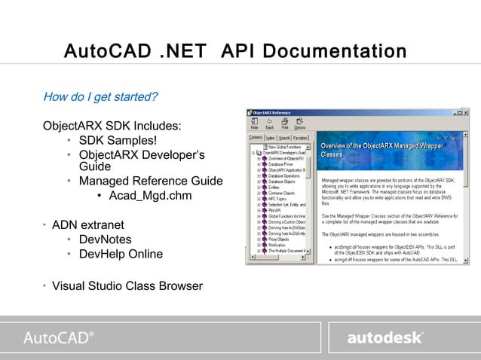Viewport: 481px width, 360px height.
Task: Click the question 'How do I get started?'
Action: pyautogui.click(x=100, y=97)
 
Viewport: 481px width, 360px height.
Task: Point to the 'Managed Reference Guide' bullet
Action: pyautogui.click(x=151, y=181)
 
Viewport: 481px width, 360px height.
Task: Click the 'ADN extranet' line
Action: pyautogui.click(x=87, y=224)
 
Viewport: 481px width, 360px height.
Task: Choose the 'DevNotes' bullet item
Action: pyautogui.click(x=105, y=239)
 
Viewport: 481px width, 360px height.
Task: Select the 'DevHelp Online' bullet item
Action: pyautogui.click(x=121, y=254)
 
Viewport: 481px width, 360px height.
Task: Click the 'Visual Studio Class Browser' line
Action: pyautogui.click(x=127, y=285)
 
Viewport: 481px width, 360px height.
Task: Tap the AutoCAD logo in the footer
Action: pyautogui.click(x=59, y=337)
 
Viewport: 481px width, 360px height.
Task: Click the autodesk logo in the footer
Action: pyautogui.click(x=384, y=337)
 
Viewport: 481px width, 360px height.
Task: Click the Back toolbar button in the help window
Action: pyautogui.click(x=269, y=124)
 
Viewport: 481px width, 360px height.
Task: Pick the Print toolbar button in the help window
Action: pyautogui.click(x=284, y=124)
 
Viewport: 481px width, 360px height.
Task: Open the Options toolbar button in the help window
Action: pyautogui.click(x=300, y=124)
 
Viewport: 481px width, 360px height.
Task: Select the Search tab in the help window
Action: pyautogui.click(x=284, y=138)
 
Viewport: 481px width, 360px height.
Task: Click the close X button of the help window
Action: pyautogui.click(x=465, y=112)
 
